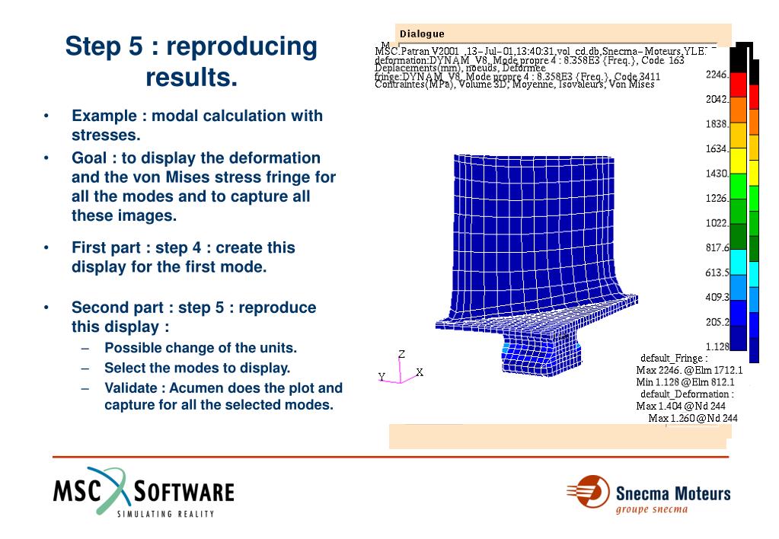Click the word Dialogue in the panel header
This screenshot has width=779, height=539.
click(422, 33)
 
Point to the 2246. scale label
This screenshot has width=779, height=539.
click(718, 75)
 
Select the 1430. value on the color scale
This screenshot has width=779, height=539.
click(718, 174)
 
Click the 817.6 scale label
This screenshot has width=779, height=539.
click(718, 247)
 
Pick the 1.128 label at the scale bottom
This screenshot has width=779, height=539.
click(718, 346)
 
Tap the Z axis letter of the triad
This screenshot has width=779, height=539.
click(401, 354)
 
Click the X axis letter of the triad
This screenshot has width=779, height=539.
click(420, 372)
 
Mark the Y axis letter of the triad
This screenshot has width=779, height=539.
click(382, 377)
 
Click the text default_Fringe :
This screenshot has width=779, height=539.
click(674, 358)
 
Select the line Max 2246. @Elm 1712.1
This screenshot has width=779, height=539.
click(690, 370)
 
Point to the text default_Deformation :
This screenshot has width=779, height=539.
click(687, 394)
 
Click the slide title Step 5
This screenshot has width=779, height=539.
click(190, 46)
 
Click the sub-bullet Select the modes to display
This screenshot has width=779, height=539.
click(197, 368)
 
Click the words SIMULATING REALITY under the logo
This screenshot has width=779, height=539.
click(165, 514)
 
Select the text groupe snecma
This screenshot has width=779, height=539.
click(651, 509)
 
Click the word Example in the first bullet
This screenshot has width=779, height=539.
click(104, 116)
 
